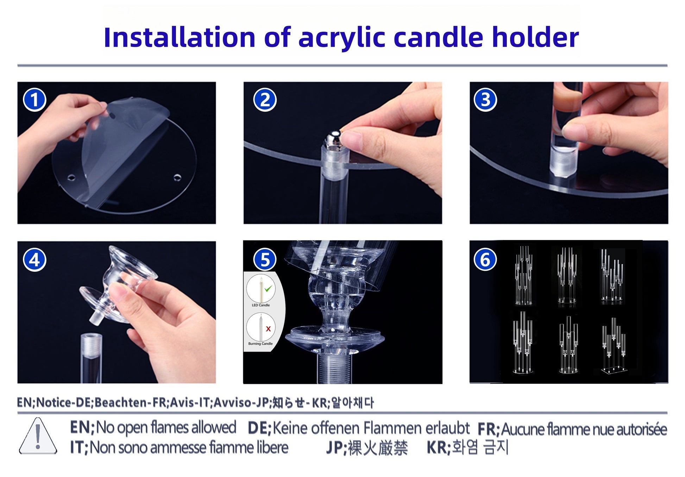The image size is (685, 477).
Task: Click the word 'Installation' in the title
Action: pyautogui.click(x=180, y=37)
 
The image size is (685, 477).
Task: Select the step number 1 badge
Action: pyautogui.click(x=34, y=100)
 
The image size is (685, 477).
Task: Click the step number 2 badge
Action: pyautogui.click(x=265, y=100)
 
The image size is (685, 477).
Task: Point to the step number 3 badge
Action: pyautogui.click(x=485, y=100)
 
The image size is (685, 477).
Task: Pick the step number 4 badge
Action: pyautogui.click(x=34, y=260)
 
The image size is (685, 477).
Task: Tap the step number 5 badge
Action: pyautogui.click(x=265, y=260)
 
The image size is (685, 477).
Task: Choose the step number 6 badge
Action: pyautogui.click(x=485, y=260)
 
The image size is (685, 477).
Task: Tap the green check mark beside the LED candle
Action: pyautogui.click(x=268, y=289)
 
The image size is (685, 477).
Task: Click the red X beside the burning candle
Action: pyautogui.click(x=268, y=329)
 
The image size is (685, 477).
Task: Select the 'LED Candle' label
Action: pyautogui.click(x=260, y=305)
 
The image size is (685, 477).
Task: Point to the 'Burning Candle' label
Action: pyautogui.click(x=260, y=343)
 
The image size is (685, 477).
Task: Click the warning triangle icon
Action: pyautogui.click(x=38, y=436)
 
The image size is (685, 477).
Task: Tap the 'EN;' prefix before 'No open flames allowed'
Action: pyautogui.click(x=82, y=427)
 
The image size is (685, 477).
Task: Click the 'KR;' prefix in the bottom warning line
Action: pyautogui.click(x=439, y=448)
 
